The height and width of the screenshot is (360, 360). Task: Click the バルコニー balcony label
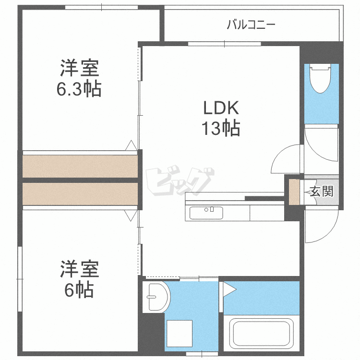point(251,24)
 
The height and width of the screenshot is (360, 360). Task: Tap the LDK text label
point(221,108)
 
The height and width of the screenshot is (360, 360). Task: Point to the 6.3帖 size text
point(79,89)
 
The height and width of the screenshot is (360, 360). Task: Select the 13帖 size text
point(221,128)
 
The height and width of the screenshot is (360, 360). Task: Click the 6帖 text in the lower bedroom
point(79,290)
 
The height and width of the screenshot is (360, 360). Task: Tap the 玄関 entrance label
point(322,191)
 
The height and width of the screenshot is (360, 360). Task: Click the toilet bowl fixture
point(321,79)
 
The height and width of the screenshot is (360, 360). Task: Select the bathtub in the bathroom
point(262,334)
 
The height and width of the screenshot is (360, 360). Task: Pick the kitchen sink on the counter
point(206,213)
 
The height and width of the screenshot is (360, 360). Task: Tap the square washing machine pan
point(180,334)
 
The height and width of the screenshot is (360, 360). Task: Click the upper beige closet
point(80,166)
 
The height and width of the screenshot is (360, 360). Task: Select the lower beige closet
point(80,194)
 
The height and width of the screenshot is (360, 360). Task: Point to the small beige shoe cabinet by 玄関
point(294,192)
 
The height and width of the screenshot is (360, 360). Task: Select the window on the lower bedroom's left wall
point(20,279)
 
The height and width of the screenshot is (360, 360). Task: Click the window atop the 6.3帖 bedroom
point(101,7)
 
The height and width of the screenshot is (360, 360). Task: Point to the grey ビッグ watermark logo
point(180,180)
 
